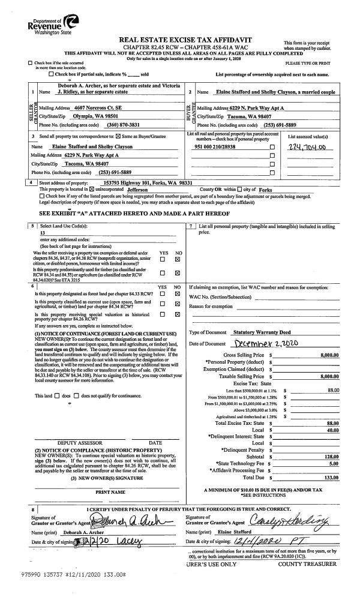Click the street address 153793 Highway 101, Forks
pyautogui.click(x=148, y=182)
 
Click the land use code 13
pyautogui.click(x=43, y=232)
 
